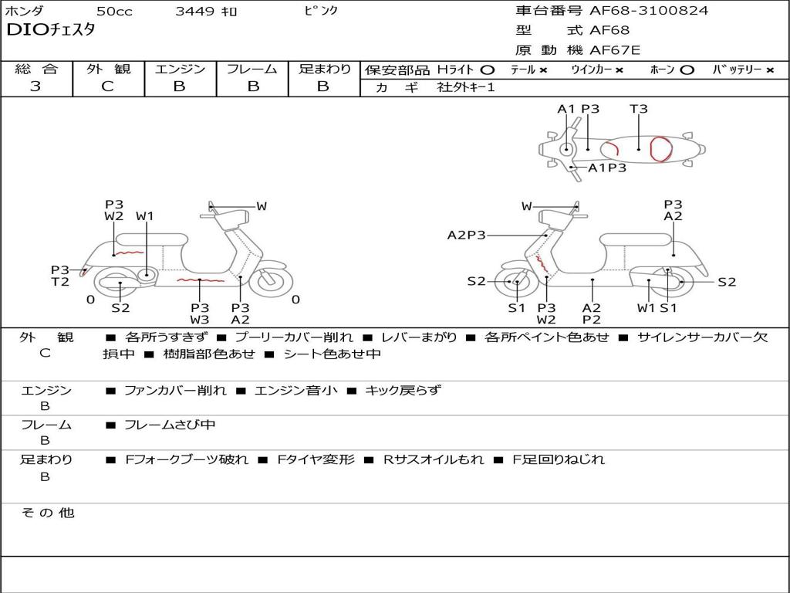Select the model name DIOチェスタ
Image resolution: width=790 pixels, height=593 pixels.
[50, 31]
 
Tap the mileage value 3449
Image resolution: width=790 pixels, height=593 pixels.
[194, 12]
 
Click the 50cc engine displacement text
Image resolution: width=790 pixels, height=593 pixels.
[113, 12]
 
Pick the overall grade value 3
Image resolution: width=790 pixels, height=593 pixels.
[35, 86]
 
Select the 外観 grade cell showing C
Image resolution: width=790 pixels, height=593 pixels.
[108, 86]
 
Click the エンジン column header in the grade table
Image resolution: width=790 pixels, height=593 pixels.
[180, 69]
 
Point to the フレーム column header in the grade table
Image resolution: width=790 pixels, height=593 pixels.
[252, 69]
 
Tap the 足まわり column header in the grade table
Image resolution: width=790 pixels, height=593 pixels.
[324, 69]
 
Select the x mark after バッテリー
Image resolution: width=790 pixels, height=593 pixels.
[769, 70]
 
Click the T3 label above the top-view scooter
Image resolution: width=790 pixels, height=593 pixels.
[638, 109]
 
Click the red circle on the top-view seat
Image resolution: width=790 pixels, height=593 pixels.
[661, 148]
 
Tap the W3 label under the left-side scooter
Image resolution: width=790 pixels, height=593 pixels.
[200, 320]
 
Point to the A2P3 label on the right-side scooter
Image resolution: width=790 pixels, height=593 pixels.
[467, 236]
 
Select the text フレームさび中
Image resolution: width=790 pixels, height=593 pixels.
[170, 425]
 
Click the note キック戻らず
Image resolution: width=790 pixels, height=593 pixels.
[403, 391]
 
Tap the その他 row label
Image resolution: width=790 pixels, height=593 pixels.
[47, 513]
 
